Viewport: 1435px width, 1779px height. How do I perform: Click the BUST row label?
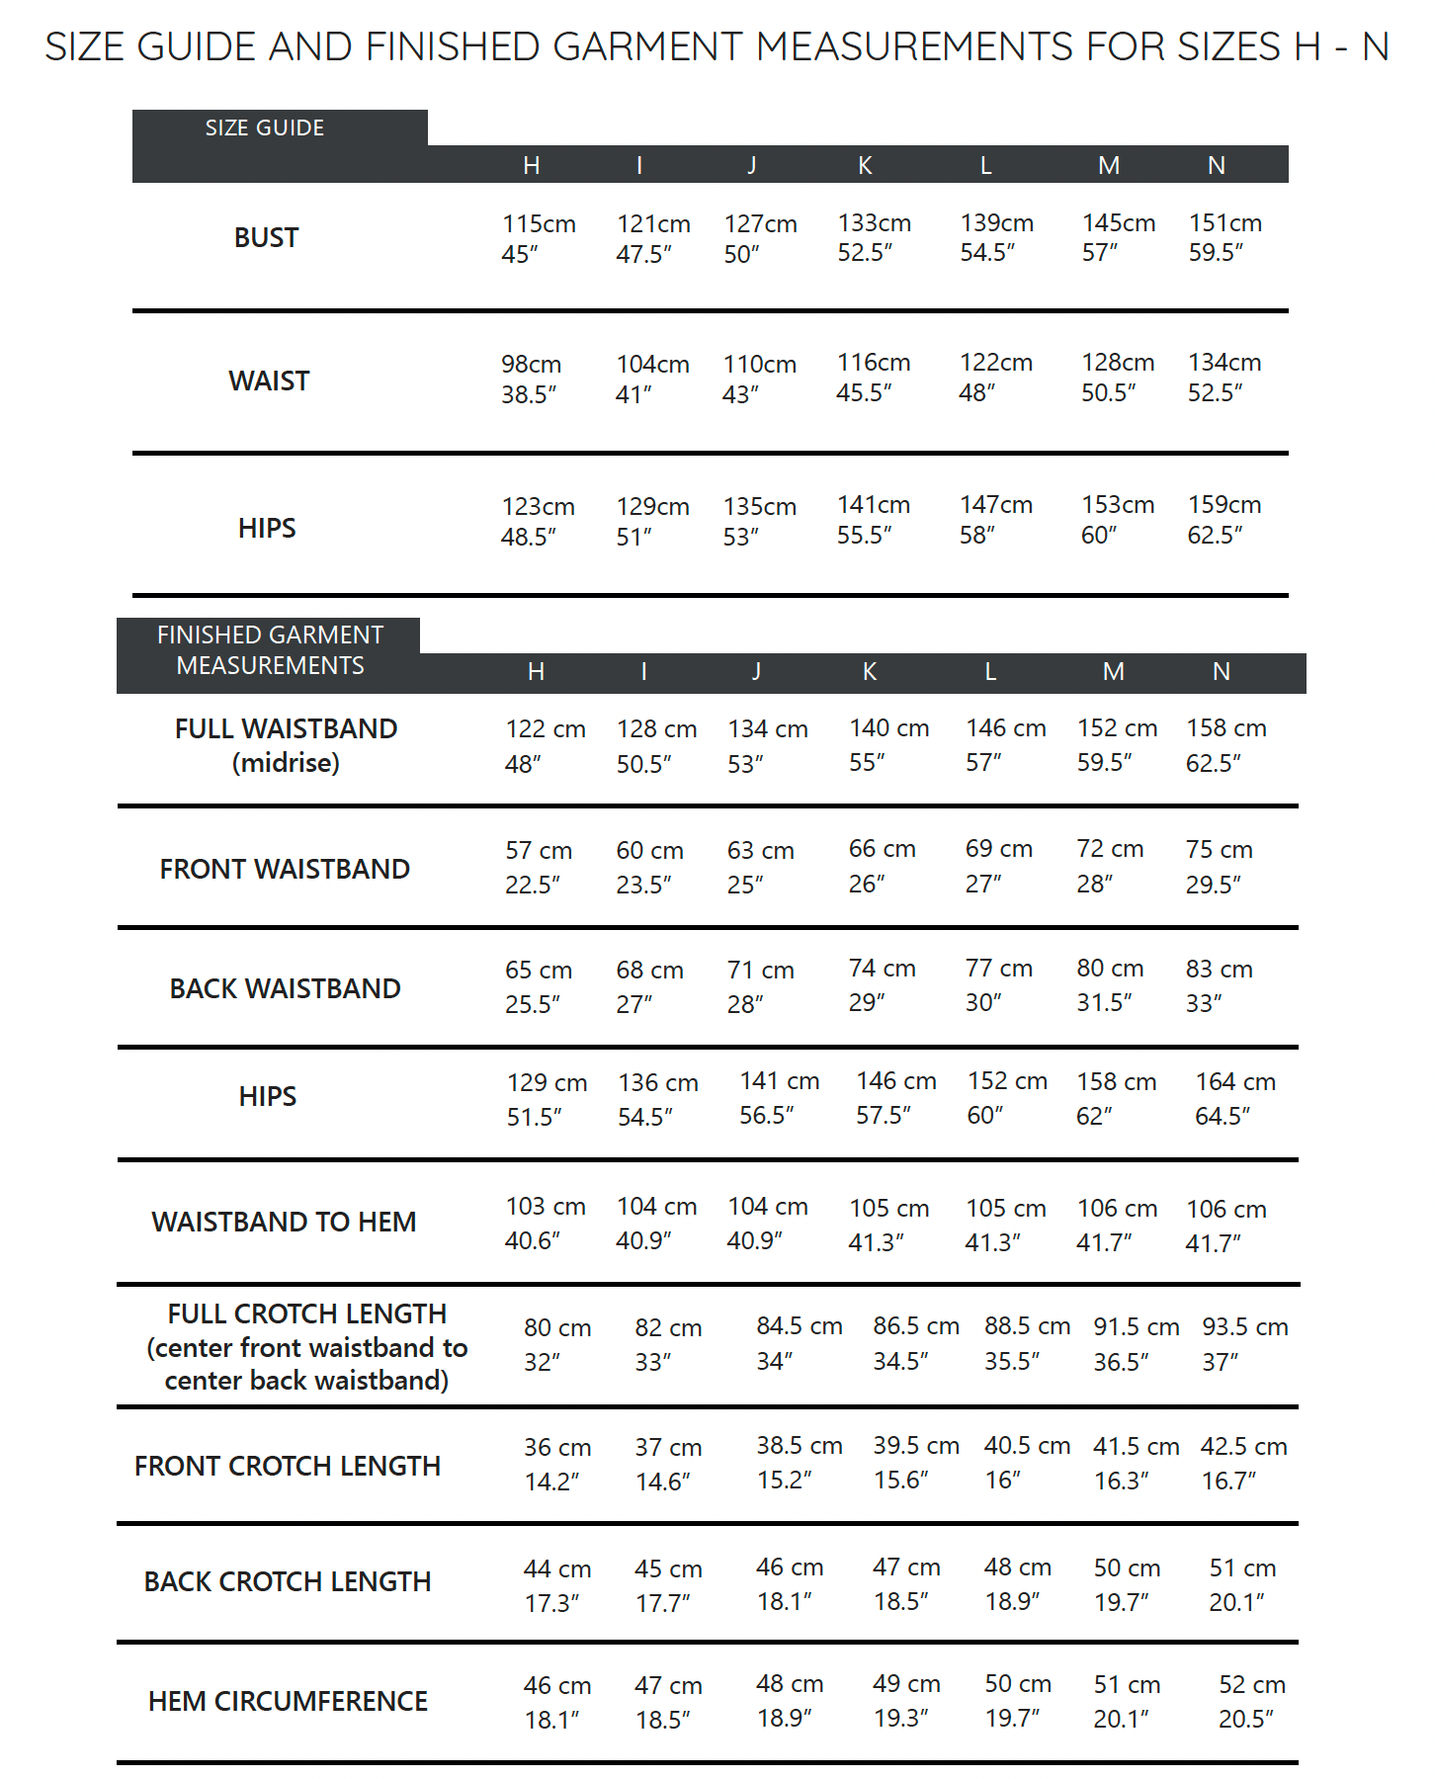tap(266, 238)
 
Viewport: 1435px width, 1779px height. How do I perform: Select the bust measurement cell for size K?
tap(874, 238)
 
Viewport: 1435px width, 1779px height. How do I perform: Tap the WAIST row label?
tap(268, 381)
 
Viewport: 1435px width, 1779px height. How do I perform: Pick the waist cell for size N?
tap(1224, 378)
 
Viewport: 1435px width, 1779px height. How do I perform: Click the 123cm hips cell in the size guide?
tap(537, 521)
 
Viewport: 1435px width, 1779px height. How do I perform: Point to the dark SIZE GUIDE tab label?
tap(264, 128)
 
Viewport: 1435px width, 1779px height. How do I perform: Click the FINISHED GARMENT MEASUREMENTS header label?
tap(270, 650)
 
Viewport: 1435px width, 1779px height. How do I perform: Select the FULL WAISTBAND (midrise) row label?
tap(286, 745)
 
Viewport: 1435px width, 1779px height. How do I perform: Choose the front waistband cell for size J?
tap(760, 867)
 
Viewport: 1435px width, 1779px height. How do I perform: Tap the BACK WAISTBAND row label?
tap(285, 988)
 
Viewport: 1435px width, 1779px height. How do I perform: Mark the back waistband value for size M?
tap(1109, 985)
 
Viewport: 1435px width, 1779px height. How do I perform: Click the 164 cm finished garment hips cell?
tap(1234, 1098)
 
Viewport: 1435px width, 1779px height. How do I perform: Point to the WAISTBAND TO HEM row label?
tap(284, 1222)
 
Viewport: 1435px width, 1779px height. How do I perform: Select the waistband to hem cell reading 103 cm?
tap(545, 1224)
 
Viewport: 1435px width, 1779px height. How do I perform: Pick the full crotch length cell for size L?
tap(1026, 1343)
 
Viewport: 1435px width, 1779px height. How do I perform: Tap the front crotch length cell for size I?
tap(667, 1464)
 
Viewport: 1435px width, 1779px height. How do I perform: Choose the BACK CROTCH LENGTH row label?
tap(287, 1581)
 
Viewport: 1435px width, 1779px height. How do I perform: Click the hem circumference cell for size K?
tap(905, 1701)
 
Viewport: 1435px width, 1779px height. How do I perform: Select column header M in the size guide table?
tap(1109, 166)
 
